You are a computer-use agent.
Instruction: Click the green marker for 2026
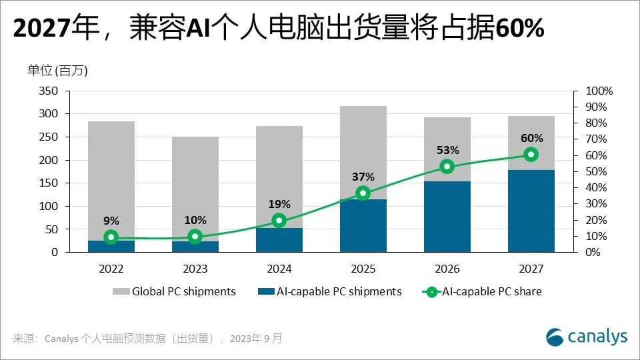pyautogui.click(x=447, y=167)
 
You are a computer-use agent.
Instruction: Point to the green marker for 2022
pyautogui.click(x=111, y=237)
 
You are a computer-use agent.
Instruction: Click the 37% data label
pyautogui.click(x=363, y=177)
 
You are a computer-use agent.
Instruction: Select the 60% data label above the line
pyautogui.click(x=531, y=138)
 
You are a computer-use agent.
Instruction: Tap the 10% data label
pyautogui.click(x=195, y=220)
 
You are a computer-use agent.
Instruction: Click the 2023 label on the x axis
pyautogui.click(x=195, y=269)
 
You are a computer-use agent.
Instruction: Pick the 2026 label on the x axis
pyautogui.click(x=447, y=269)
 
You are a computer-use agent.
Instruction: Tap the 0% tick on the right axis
pyautogui.click(x=591, y=253)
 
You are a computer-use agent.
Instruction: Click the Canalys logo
pyautogui.click(x=587, y=336)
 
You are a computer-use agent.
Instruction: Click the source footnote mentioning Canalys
pyautogui.click(x=147, y=339)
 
